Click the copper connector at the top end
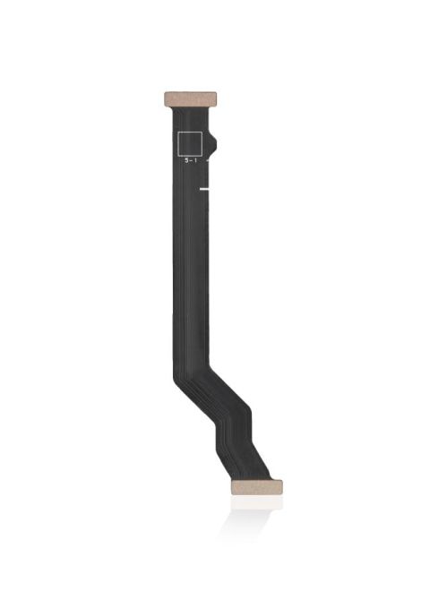193,97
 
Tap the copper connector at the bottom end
256,488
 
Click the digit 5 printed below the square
187,160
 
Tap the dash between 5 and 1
193,161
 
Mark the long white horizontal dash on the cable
206,189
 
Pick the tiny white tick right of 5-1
209,160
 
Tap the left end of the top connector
165,97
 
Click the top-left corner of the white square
178,131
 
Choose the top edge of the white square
191,131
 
